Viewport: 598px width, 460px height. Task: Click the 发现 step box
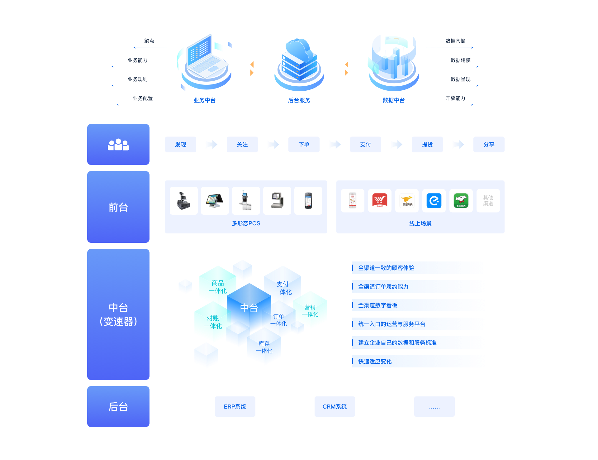pos(181,145)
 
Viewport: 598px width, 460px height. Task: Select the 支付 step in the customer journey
pos(365,145)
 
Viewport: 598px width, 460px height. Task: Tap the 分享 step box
pos(489,145)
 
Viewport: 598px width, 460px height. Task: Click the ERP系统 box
pos(235,406)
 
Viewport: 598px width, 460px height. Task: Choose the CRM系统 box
pos(335,406)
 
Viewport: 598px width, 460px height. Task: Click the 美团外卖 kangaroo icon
pos(407,201)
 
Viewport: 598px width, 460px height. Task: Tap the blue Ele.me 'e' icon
pos(434,201)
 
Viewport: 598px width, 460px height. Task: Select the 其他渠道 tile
pos(488,201)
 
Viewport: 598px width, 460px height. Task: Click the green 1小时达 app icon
pos(461,201)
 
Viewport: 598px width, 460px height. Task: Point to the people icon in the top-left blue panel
pos(118,145)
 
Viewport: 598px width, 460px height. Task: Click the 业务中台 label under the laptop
pos(204,100)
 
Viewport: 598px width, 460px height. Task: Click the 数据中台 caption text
pos(394,100)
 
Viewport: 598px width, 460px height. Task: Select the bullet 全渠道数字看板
pos(377,305)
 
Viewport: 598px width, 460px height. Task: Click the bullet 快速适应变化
pos(375,362)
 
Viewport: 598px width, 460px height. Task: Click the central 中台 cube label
pos(249,308)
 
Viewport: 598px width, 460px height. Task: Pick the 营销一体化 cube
pos(310,311)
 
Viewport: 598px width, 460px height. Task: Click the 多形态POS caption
pos(246,223)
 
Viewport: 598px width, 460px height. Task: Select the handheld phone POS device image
pos(308,201)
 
